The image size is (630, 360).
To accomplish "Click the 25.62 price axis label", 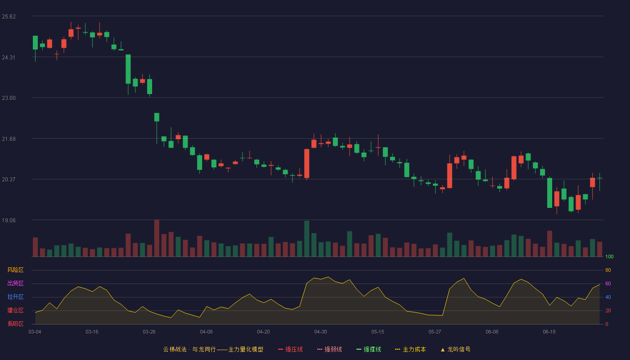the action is click(9, 17).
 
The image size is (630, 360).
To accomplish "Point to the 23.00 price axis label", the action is click(9, 98).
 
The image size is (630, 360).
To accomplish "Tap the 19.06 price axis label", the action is click(9, 220).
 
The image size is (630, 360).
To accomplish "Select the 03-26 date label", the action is click(149, 332).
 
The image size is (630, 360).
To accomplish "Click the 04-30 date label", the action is click(320, 332).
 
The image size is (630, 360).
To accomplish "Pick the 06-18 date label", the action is click(549, 332).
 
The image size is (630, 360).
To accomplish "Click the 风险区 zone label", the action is click(15, 270).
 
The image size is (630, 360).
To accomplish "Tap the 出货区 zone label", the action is click(15, 283).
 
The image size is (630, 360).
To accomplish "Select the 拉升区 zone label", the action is click(15, 297).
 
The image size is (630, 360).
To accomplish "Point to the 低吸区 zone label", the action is click(15, 324).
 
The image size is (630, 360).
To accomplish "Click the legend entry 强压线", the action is click(290, 349).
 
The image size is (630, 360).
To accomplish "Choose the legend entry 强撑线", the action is click(369, 349).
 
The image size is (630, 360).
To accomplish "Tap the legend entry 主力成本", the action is click(410, 349).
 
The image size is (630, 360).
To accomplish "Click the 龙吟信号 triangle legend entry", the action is click(455, 349).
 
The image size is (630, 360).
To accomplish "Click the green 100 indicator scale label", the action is click(609, 256).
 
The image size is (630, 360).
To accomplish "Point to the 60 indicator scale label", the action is click(608, 283).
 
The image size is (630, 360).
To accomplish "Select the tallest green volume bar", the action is click(306, 238).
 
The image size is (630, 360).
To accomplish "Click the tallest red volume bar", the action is click(157, 238).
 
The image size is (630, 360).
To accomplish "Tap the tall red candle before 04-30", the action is click(306, 163).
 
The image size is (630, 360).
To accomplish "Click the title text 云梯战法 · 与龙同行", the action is click(189, 349).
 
